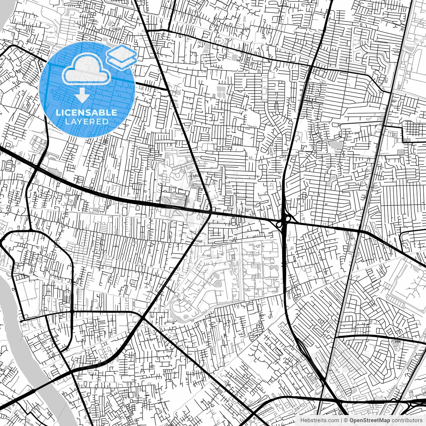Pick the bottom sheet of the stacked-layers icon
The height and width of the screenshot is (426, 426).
pyautogui.click(x=122, y=62)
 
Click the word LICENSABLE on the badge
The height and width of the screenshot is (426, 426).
pyautogui.click(x=87, y=112)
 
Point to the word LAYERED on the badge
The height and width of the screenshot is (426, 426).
pyautogui.click(x=87, y=121)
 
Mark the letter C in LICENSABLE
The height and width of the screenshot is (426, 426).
pyautogui.click(x=69, y=112)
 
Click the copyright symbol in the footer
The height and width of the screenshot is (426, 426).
pyautogui.click(x=346, y=420)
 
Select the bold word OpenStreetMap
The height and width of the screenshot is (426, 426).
pyautogui.click(x=367, y=420)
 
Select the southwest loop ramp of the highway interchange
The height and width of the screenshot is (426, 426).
pyautogui.click(x=279, y=225)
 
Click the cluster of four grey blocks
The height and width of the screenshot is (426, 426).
pyautogui.click(x=220, y=91)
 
